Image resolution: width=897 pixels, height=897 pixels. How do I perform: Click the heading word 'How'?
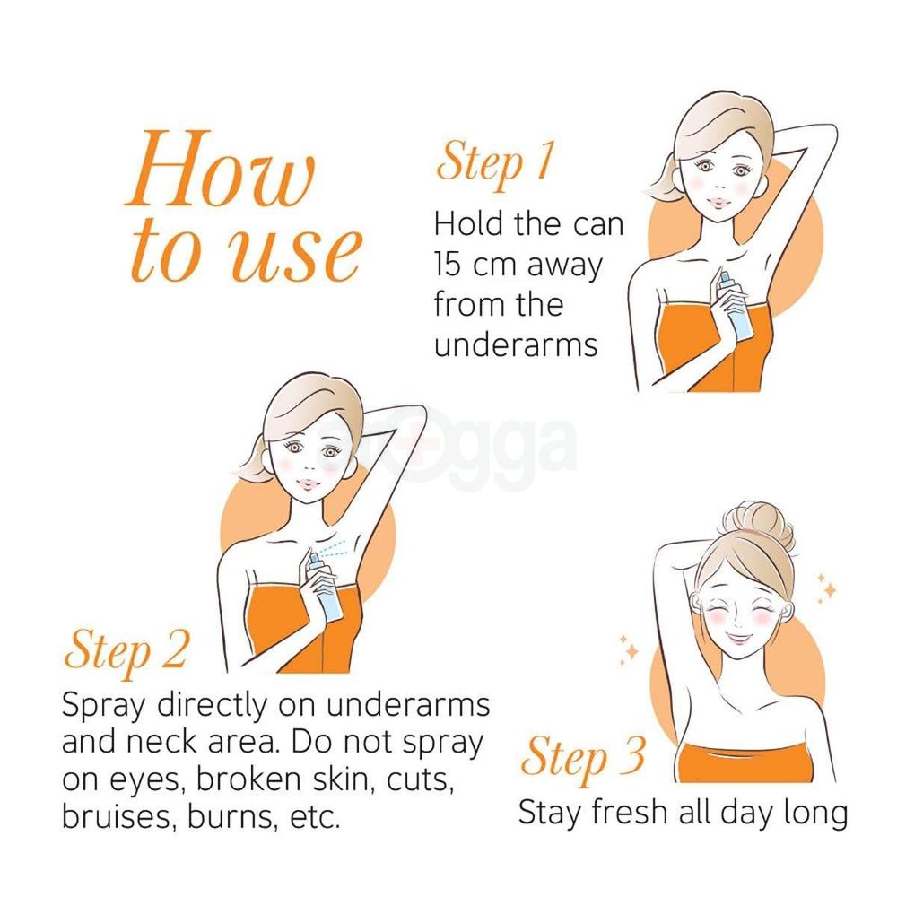coord(221,169)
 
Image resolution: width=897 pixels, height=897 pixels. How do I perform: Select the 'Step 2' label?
coord(126,651)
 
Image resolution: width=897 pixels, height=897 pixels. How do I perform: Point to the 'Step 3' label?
coord(583,757)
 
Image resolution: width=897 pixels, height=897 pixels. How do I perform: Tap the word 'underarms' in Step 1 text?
coord(516,345)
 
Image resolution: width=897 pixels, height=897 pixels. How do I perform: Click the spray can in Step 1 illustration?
coord(729,309)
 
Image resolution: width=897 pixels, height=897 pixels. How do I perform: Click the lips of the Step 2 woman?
coord(309,484)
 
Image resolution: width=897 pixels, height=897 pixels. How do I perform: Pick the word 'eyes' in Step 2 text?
coord(151,781)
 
